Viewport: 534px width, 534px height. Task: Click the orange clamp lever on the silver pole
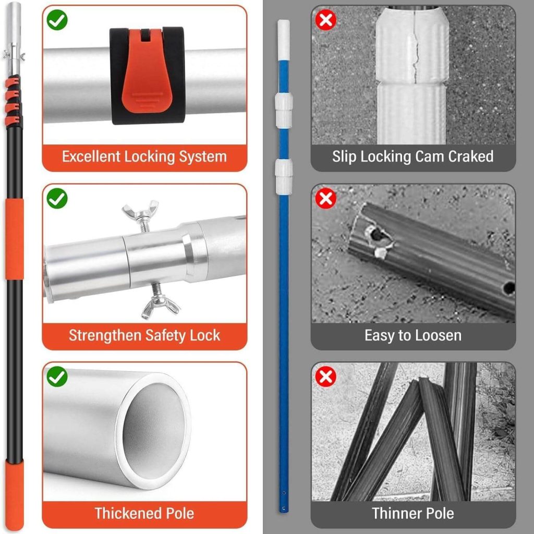tap(147, 73)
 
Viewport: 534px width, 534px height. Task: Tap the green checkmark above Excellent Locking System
tap(57, 20)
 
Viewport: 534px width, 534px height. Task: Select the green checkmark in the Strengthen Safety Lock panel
tap(57, 199)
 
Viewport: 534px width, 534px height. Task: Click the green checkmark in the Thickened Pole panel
tap(57, 377)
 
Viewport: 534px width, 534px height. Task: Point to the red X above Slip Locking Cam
tap(325, 20)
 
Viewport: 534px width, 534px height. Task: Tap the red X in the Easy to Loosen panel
tap(325, 199)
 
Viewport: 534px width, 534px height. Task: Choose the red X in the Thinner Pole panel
tap(325, 377)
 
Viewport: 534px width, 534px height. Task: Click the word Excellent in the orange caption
tap(91, 156)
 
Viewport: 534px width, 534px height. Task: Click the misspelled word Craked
tap(471, 156)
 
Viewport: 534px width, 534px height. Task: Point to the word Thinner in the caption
tap(397, 513)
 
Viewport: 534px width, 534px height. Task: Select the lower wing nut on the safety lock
tap(160, 302)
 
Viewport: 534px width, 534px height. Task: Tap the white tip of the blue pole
tap(283, 39)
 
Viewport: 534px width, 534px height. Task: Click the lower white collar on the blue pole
tap(284, 176)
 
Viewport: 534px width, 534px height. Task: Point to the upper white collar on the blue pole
tap(284, 111)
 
